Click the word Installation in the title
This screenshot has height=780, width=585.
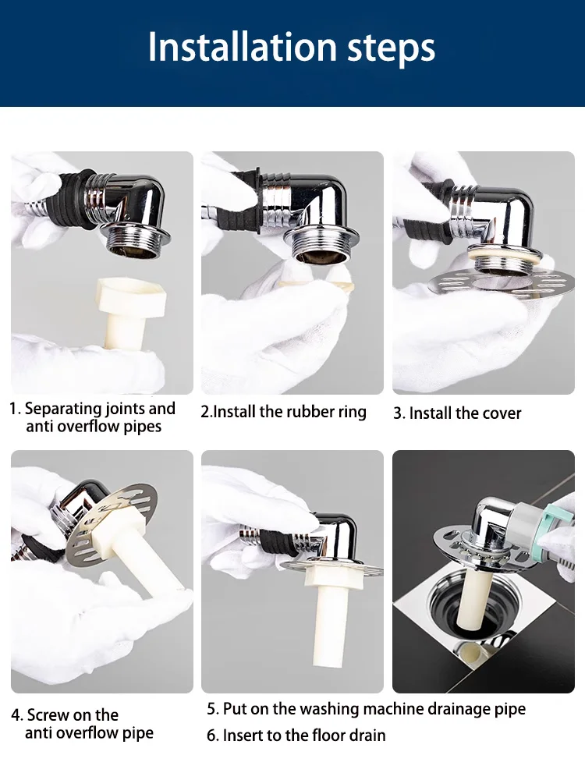(243, 47)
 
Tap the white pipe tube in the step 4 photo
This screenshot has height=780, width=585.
(133, 557)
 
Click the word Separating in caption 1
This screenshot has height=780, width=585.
(62, 409)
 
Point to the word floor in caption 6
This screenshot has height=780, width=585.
(330, 736)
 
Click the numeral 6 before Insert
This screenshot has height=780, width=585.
(211, 736)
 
